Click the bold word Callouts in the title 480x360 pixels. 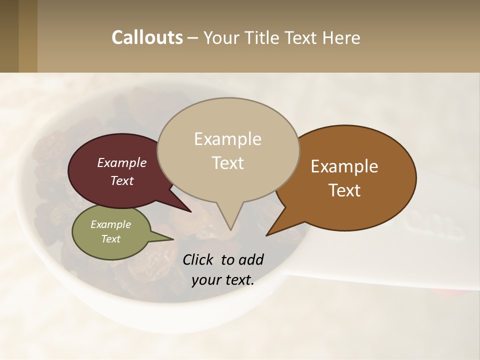(147, 37)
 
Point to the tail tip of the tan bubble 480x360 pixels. (230, 229)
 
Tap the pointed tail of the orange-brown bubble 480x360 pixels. (268, 234)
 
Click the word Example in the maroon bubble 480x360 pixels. (121, 163)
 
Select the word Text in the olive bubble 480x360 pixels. (110, 239)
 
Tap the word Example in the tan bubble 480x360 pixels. (227, 139)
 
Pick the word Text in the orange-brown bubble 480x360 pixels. (344, 190)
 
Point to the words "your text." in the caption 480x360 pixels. (222, 280)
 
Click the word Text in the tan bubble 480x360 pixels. (227, 163)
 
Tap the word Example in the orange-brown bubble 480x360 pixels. (344, 166)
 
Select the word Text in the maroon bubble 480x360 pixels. (121, 181)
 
